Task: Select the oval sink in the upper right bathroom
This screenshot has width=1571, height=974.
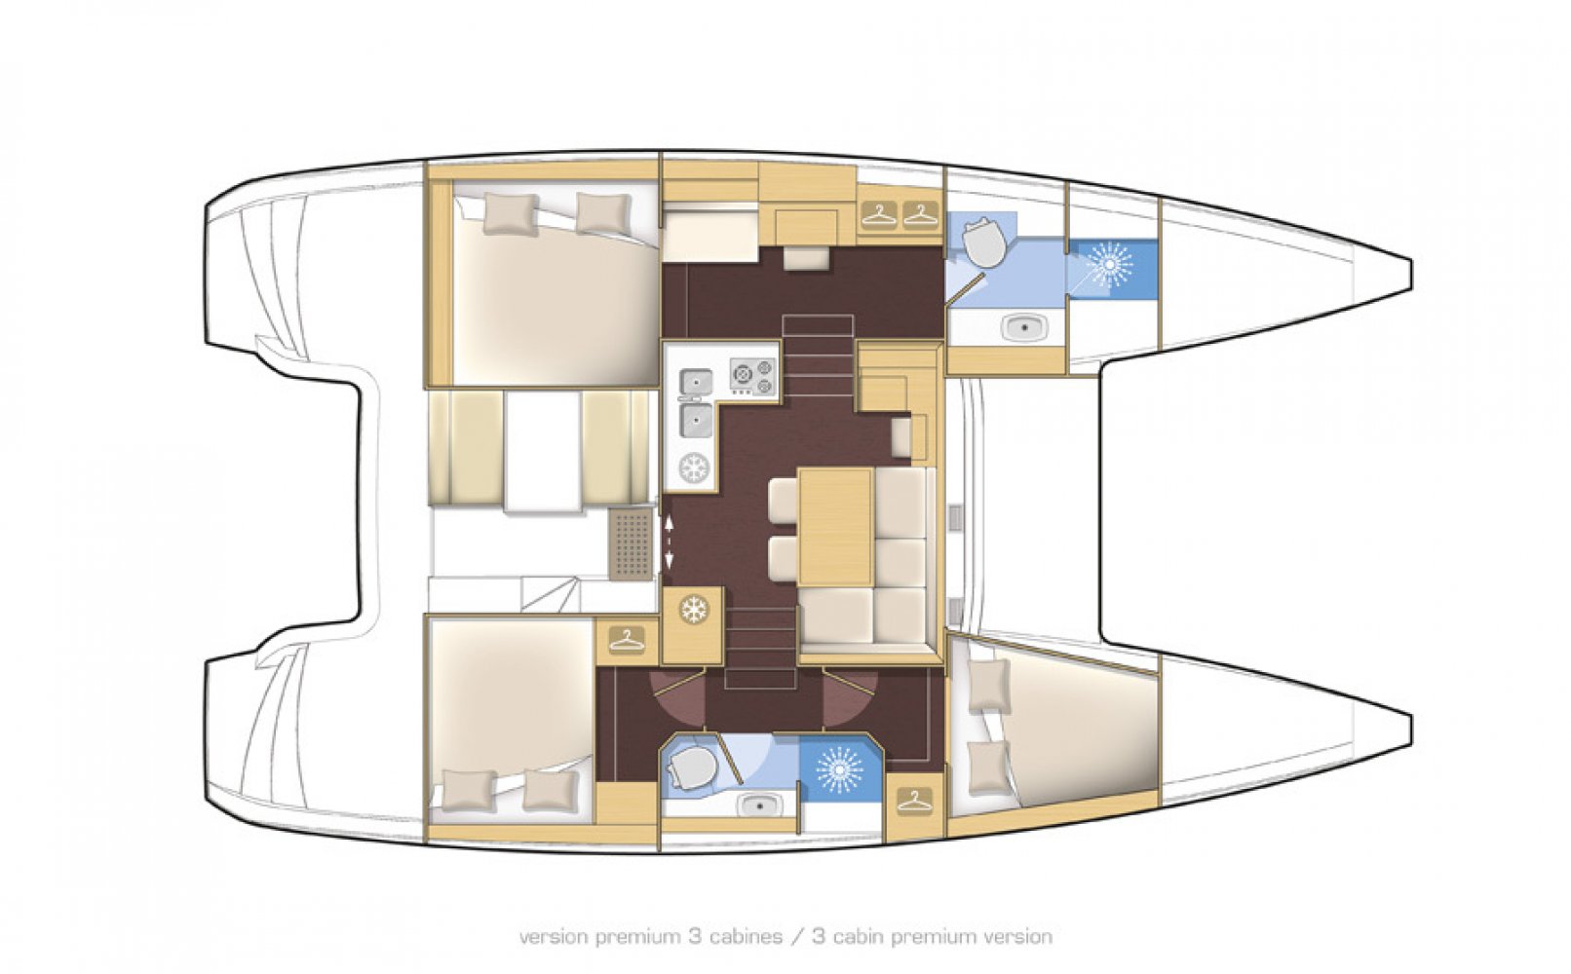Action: pos(1023,327)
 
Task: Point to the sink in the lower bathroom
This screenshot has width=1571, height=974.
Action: pos(755,805)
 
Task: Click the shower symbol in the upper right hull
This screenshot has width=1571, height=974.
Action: pos(1109,264)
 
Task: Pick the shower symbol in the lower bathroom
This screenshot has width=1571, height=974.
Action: pos(839,770)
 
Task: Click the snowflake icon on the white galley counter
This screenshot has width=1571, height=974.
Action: pos(694,468)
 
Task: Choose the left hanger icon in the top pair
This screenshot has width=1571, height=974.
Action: pos(879,214)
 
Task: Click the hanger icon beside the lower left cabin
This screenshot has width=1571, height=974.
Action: pos(627,640)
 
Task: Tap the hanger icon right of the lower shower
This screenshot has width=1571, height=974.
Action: pos(914,800)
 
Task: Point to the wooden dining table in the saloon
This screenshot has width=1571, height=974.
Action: pos(834,527)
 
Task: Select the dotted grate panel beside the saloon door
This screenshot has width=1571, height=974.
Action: pos(632,543)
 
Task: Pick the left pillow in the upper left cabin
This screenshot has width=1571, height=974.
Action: pos(510,213)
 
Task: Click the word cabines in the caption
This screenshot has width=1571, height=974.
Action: pos(746,936)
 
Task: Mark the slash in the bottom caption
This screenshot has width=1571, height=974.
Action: pos(797,936)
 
